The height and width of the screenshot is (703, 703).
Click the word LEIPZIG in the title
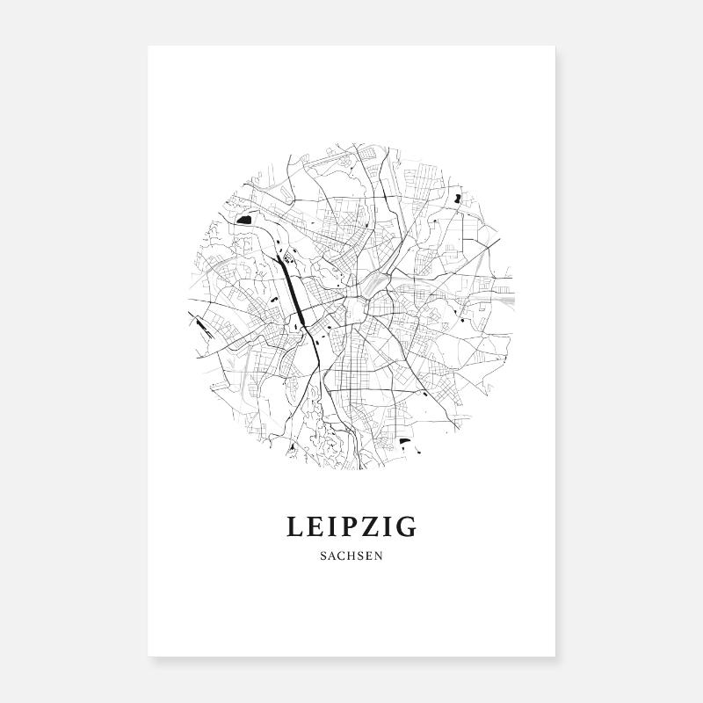point(351,527)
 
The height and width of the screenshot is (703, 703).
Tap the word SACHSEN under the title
point(351,556)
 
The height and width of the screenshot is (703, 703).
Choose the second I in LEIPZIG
point(388,527)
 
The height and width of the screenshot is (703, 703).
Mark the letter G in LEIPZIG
point(407,527)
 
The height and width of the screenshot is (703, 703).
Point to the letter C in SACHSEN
point(341,556)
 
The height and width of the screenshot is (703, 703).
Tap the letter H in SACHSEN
point(351,556)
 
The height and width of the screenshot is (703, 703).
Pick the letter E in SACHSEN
point(369,556)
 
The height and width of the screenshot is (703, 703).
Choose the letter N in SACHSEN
point(379,556)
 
